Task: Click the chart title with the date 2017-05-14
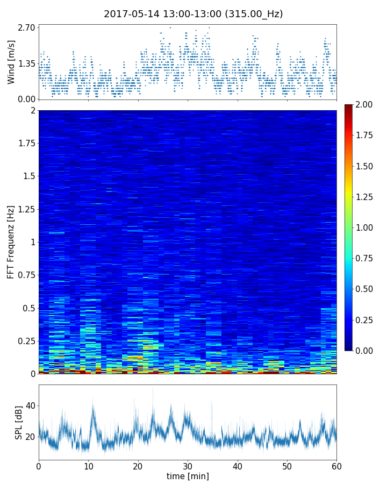tap(193, 14)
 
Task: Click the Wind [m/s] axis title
tap(11, 61)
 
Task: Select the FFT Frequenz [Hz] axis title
tap(11, 242)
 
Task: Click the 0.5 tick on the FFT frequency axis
tap(29, 308)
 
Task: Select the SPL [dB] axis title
tap(19, 422)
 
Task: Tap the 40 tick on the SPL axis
tap(30, 405)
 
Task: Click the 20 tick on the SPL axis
tap(30, 436)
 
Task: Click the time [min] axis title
tap(188, 476)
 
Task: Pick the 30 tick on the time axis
tap(188, 465)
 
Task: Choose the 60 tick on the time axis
tap(336, 465)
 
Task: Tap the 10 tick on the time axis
tap(88, 465)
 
